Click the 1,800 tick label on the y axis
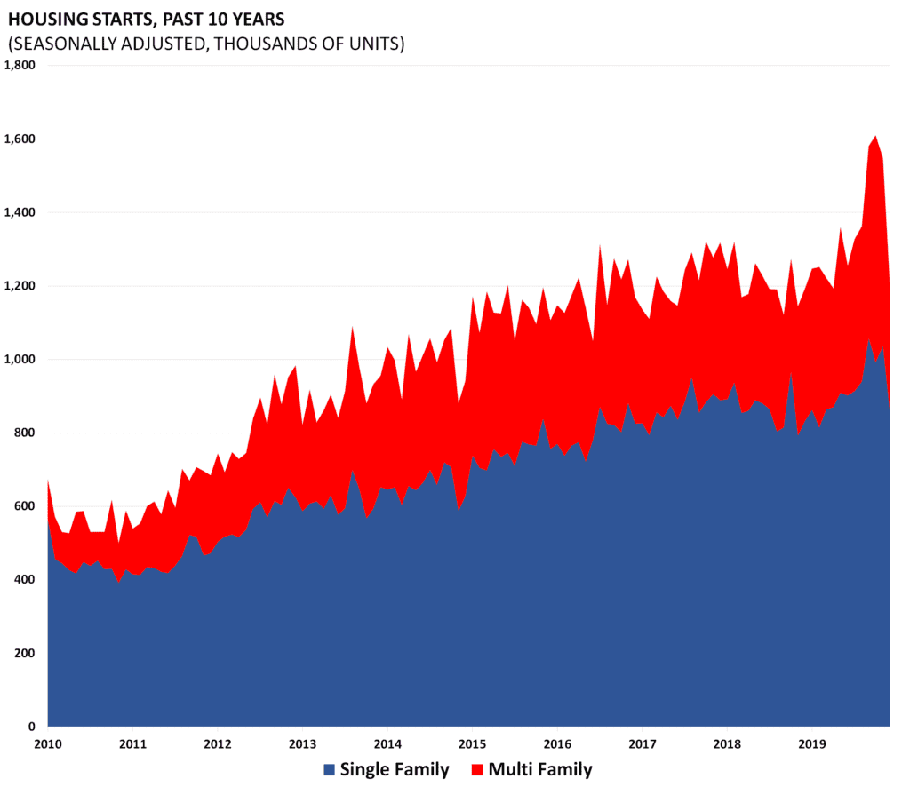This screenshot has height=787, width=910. tap(20, 65)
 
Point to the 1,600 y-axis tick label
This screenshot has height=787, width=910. tap(20, 139)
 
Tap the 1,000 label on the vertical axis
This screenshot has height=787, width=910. tap(20, 360)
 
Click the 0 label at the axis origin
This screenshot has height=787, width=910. tap(31, 727)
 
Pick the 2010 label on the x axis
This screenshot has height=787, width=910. tap(48, 743)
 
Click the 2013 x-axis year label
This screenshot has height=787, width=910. tap(303, 743)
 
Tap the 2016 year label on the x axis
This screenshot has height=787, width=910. tap(557, 743)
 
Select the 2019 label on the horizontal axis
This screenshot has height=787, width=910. tap(812, 743)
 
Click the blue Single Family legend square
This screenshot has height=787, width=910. tap(329, 769)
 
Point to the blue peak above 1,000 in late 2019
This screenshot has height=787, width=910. tap(869, 341)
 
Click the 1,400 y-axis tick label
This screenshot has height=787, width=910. tap(20, 213)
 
